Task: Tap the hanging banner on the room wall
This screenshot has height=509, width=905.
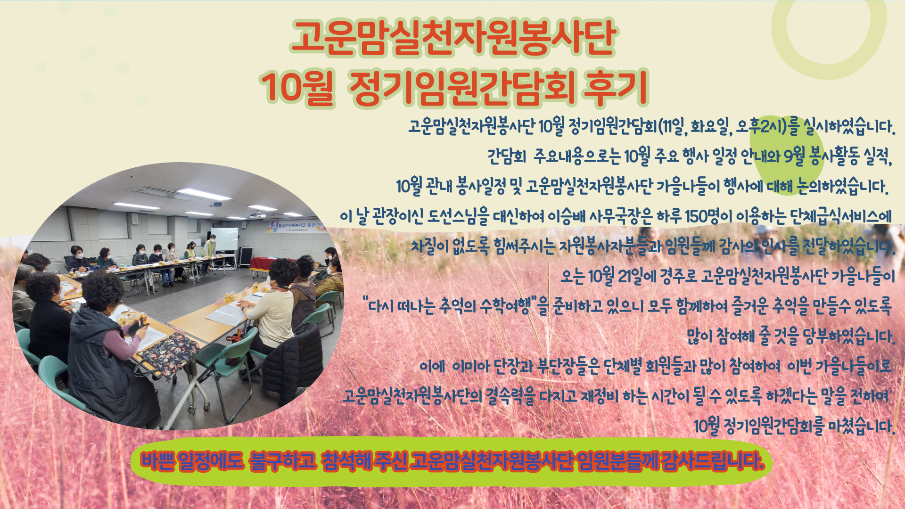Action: (296, 227)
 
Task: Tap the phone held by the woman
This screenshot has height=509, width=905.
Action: (137, 327)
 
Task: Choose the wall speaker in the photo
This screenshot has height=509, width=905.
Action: (135, 219)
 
